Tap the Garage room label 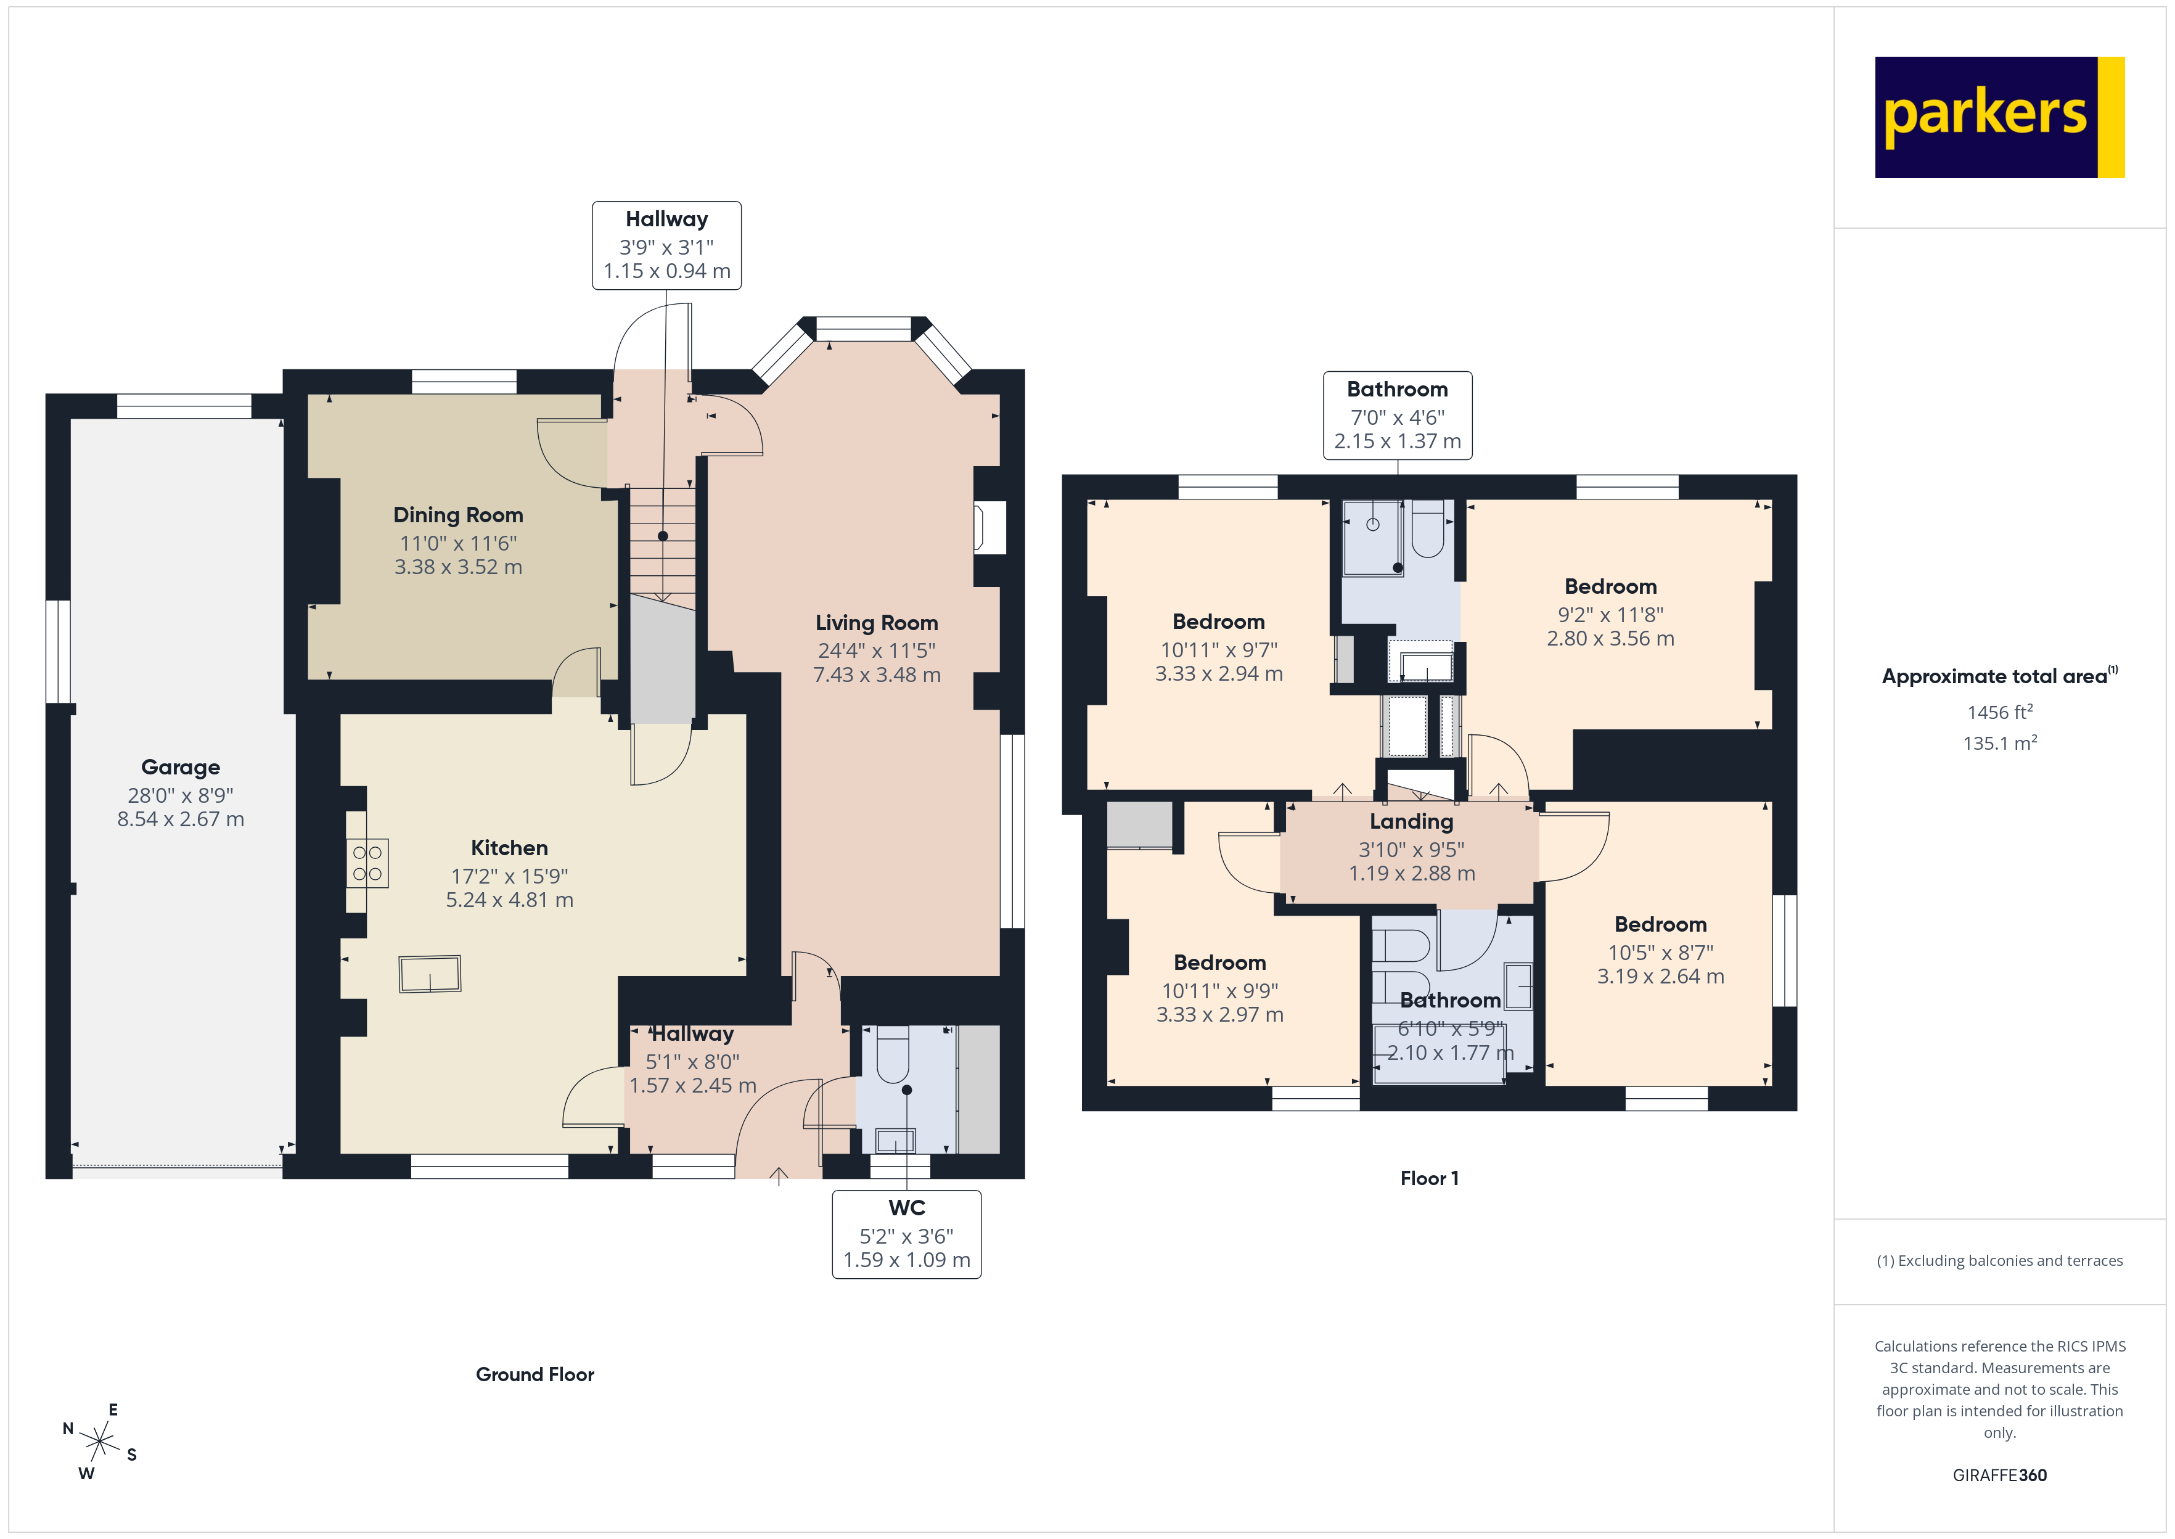(180, 766)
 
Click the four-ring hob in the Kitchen (367, 863)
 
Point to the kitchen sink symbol (430, 973)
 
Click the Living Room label (876, 623)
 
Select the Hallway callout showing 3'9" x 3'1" (666, 245)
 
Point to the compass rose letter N (68, 1428)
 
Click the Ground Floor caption (535, 1374)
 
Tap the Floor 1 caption (1428, 1178)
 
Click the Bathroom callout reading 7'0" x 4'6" (1396, 415)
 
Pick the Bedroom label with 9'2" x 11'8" (1610, 586)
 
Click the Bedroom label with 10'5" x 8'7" (1660, 924)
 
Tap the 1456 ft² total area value (1999, 712)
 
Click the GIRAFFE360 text (1999, 1474)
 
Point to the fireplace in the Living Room (988, 527)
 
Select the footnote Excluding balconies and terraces (1999, 1260)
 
